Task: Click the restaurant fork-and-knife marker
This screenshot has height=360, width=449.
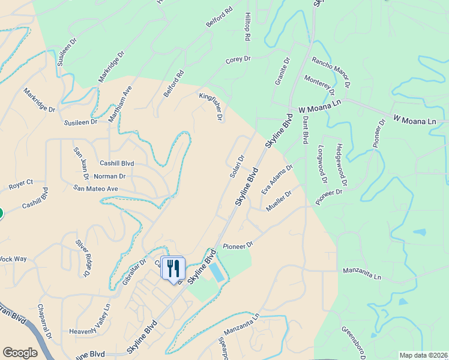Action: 173,268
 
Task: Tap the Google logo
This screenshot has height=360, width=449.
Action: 20,353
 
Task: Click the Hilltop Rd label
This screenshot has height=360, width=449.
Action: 247,26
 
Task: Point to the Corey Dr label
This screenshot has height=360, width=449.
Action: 238,60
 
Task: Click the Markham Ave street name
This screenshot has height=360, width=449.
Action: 119,103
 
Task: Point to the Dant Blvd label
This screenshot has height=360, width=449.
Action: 305,130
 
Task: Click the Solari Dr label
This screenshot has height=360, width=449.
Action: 237,167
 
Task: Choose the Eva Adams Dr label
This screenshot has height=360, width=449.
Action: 277,179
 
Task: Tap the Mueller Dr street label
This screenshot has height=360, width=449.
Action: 279,200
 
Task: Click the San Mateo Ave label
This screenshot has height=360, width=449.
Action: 96,188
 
